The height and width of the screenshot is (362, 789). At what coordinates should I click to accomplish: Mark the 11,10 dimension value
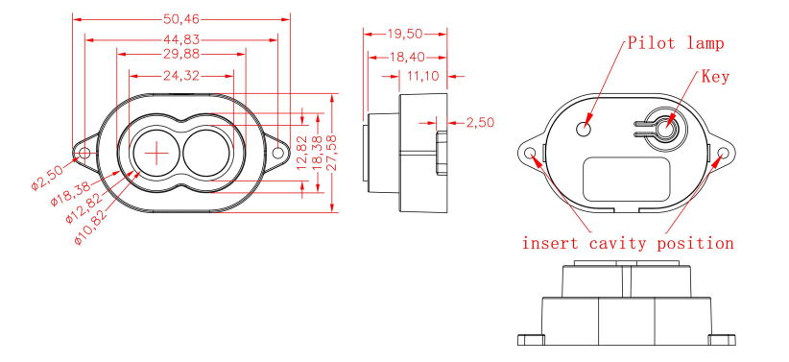click(423, 75)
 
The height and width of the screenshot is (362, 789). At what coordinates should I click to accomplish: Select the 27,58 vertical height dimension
click(330, 154)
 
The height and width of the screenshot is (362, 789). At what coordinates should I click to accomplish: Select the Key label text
click(715, 76)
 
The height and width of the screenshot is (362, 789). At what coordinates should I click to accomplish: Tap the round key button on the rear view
click(664, 127)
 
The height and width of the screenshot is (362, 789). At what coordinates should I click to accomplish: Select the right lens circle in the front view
click(207, 153)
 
